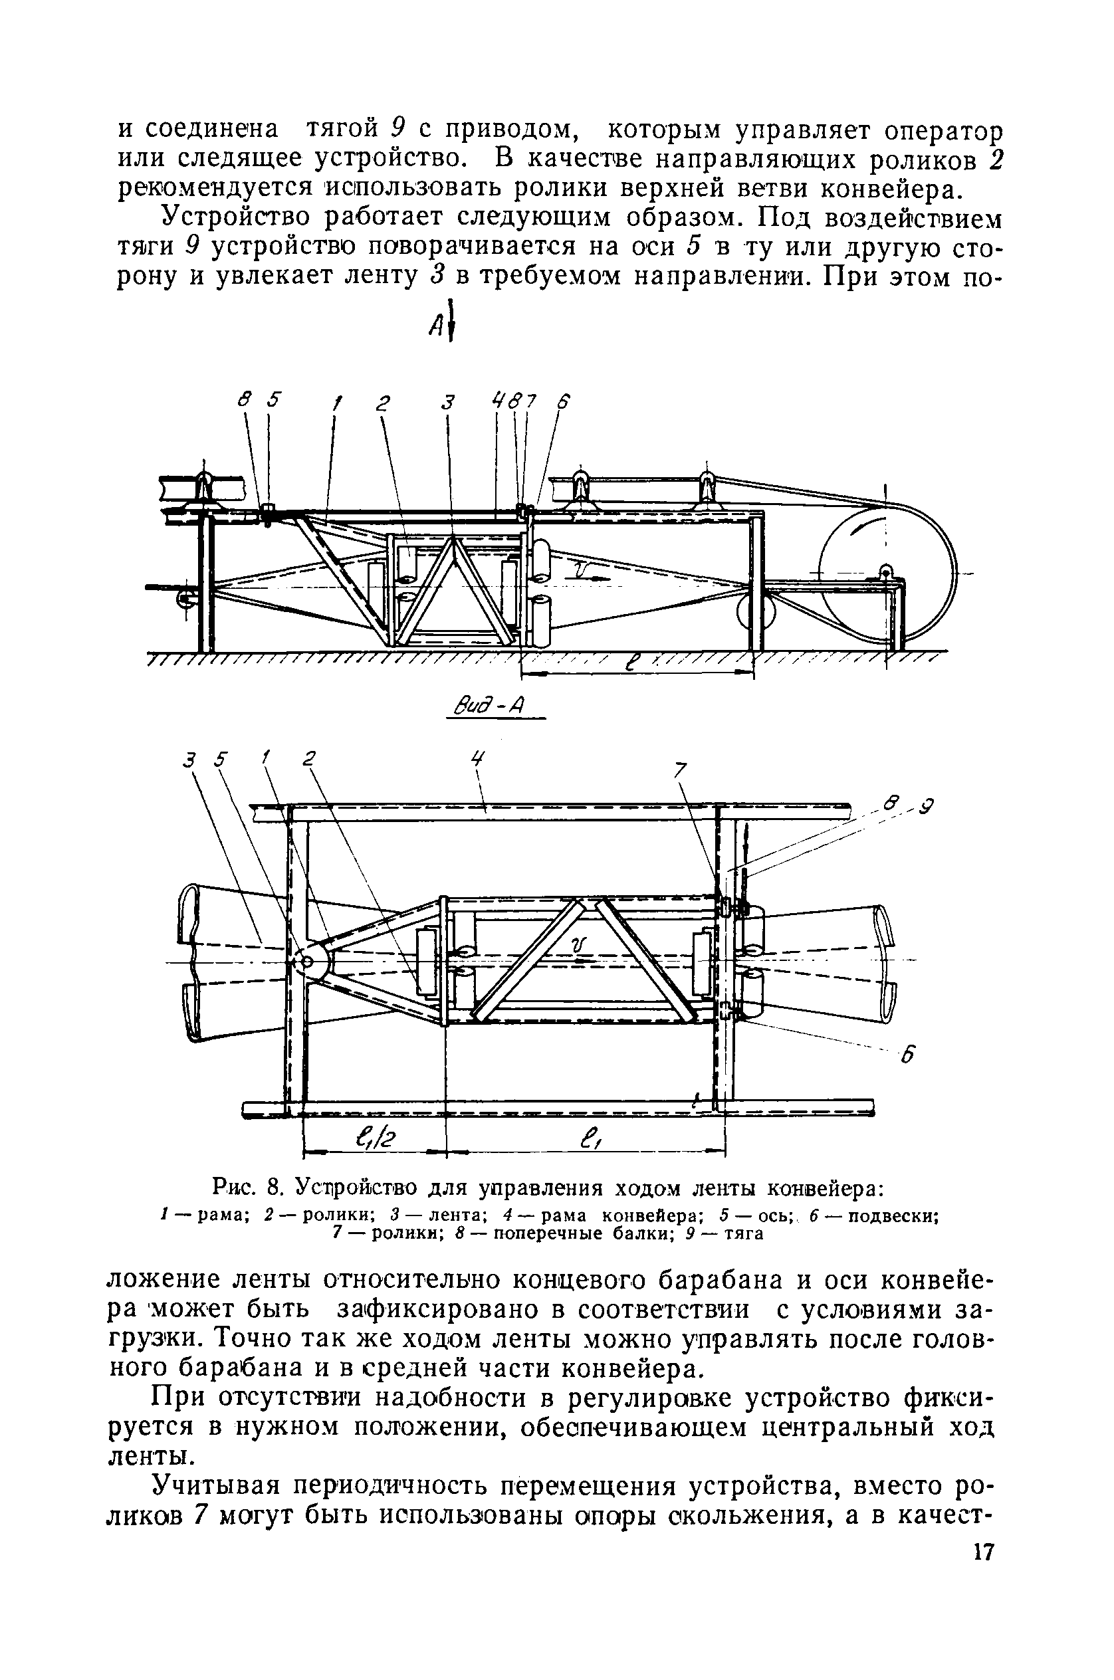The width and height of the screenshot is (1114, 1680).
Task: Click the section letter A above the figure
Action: tap(435, 326)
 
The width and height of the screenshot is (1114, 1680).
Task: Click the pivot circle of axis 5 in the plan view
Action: tap(308, 962)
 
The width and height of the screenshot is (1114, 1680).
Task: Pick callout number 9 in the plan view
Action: tap(926, 807)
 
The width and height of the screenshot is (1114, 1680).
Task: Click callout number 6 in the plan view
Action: tap(907, 1057)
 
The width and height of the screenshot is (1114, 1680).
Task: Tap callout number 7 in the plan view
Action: tap(680, 770)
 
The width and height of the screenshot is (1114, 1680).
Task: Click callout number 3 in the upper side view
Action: tap(447, 402)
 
